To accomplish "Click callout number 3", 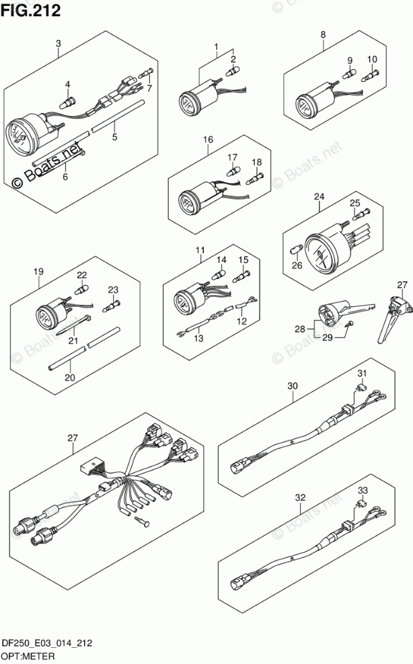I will coord(59,44).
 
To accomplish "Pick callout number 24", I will coord(319,196).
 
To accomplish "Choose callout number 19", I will coord(38,272).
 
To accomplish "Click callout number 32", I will coord(300,498).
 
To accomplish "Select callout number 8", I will coord(323,34).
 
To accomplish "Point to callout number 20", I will coord(69,378).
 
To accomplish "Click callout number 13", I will coord(198,338).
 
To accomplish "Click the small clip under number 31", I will coord(360,388).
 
